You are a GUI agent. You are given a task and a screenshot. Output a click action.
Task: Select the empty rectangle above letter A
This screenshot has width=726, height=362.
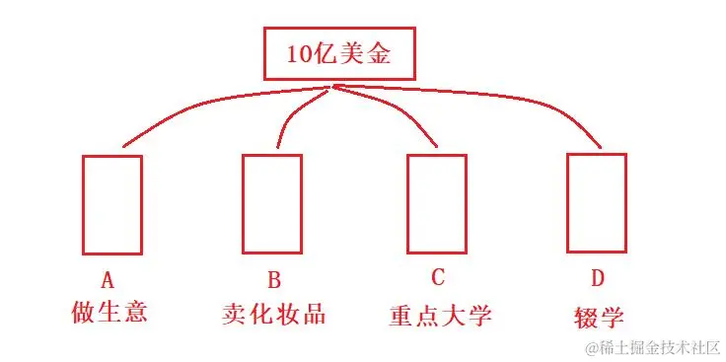point(111,204)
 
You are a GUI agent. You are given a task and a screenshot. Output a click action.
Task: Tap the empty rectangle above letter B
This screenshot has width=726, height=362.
point(272,203)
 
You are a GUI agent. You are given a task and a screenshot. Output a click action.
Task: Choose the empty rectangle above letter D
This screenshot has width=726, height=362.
point(596,203)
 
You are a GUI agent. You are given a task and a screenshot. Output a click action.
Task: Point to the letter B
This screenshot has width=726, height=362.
point(273,279)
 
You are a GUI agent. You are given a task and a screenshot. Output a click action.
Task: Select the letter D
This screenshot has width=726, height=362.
point(598,280)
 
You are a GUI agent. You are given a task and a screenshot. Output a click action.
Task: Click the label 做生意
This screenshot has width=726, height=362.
point(110,312)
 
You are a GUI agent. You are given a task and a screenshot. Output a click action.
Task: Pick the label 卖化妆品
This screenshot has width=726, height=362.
point(273,314)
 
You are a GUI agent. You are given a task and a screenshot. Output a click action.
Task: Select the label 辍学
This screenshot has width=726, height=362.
point(599,317)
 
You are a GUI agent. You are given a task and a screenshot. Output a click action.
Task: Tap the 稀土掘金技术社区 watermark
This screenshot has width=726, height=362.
point(652,347)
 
